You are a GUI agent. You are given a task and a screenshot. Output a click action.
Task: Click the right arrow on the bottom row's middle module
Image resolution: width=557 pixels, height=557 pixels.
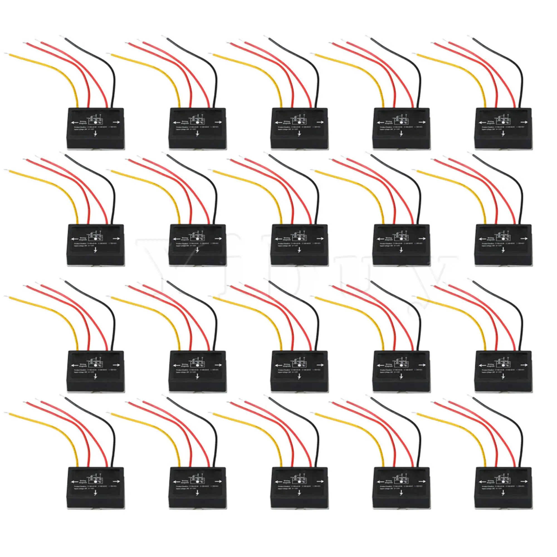point(320,481)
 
